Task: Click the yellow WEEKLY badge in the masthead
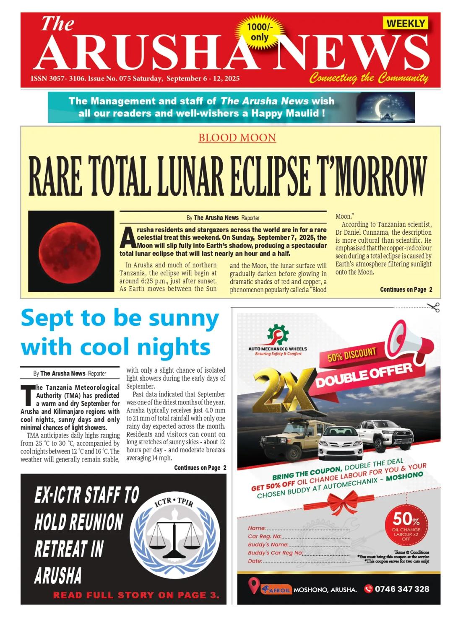pos(405,23)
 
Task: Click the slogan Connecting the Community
pos(369,78)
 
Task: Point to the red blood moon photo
pos(71,251)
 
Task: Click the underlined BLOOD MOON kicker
pos(237,137)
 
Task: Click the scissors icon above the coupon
pos(433,307)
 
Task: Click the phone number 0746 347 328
pos(402,589)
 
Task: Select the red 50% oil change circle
pos(406,526)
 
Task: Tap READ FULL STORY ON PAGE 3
pos(136,595)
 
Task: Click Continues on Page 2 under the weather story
pos(200,468)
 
